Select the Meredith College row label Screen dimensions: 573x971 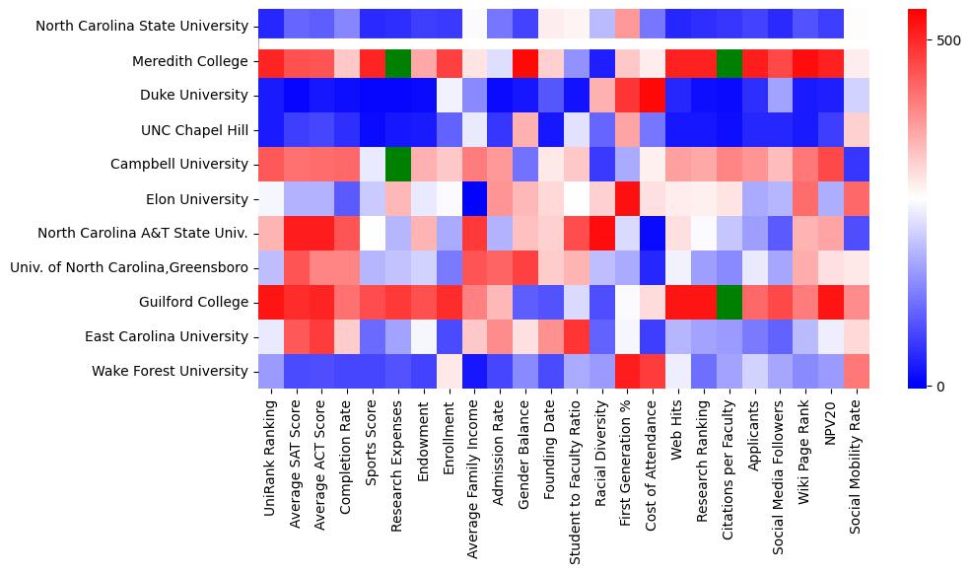pos(190,61)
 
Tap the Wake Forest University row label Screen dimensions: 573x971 pos(171,371)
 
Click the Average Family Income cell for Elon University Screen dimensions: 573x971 pos(475,198)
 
